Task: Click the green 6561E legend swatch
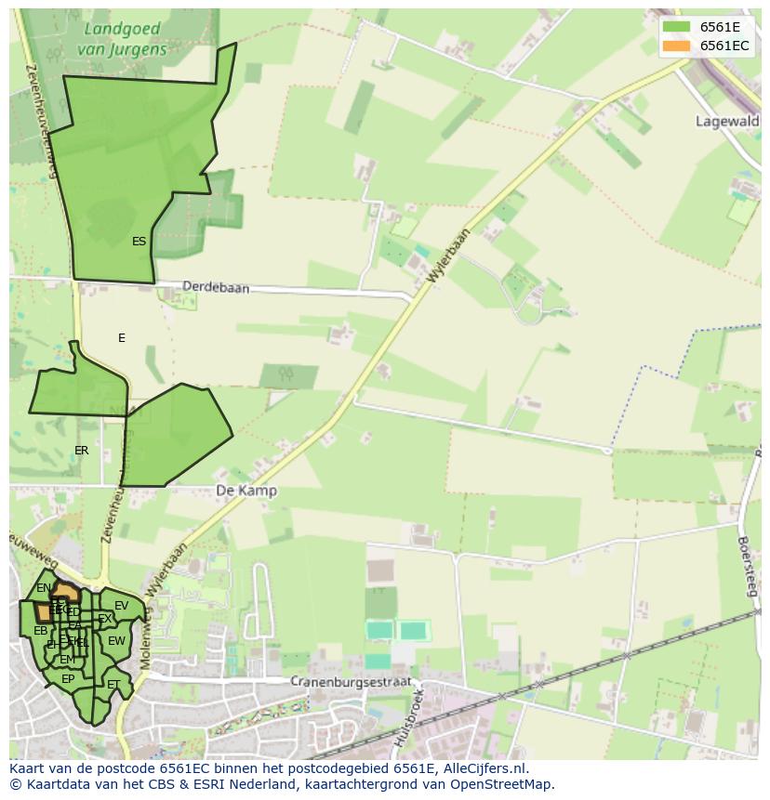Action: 676,26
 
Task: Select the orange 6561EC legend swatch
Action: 676,46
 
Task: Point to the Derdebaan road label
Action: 216,288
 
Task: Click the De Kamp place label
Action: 246,491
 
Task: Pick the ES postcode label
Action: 139,242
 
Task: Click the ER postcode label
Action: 82,451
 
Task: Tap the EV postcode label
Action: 121,606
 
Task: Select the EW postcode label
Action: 116,641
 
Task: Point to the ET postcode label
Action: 113,685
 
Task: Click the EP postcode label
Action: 68,679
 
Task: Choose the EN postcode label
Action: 44,588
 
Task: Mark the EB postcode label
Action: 40,631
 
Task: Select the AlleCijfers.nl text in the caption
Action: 483,768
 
